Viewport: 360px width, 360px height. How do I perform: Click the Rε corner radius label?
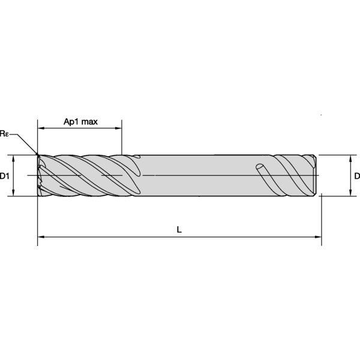click(x=4, y=133)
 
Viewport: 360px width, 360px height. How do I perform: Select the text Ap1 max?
click(x=80, y=122)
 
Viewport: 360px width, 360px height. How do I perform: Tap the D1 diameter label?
click(x=4, y=176)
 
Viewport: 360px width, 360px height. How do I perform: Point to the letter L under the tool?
click(x=179, y=229)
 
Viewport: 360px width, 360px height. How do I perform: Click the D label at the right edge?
click(x=356, y=176)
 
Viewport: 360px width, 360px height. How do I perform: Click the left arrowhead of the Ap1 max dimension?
click(x=41, y=128)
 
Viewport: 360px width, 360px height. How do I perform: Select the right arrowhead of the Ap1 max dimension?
click(x=119, y=128)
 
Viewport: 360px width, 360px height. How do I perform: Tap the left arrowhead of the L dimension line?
click(x=41, y=236)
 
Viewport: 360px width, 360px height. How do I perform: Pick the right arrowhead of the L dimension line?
click(x=319, y=236)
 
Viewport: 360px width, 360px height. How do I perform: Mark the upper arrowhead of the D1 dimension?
click(x=13, y=158)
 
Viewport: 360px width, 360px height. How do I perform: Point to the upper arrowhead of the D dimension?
click(x=350, y=158)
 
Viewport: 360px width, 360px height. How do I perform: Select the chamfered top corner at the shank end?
click(x=314, y=157)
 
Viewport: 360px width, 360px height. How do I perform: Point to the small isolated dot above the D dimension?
click(x=322, y=114)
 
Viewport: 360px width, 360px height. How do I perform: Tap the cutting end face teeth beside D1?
click(x=40, y=175)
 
